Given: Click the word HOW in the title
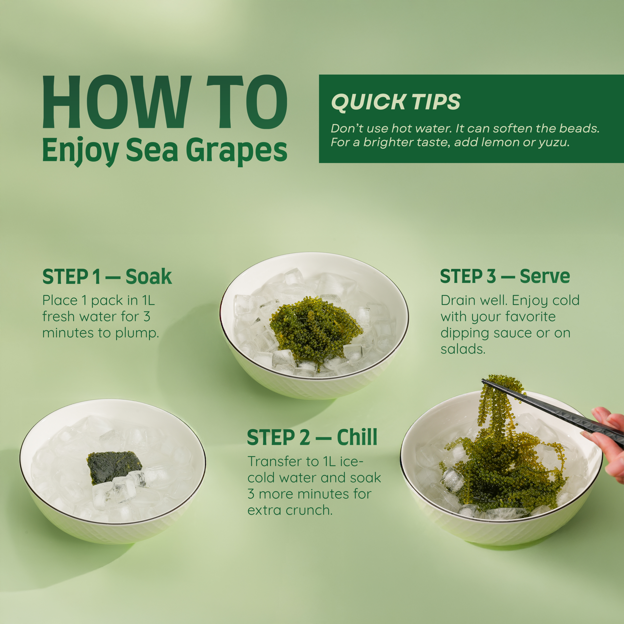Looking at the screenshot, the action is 115,102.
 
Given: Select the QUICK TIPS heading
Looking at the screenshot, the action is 396,102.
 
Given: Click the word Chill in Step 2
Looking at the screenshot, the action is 357,437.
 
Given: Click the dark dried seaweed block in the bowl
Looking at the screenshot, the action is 114,467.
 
